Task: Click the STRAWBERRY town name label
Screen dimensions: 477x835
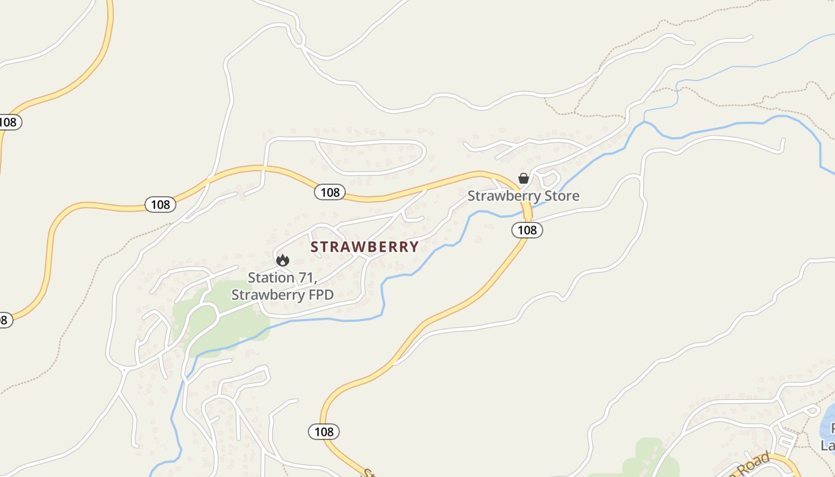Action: [364, 247]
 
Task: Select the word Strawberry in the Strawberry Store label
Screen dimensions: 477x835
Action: [497, 196]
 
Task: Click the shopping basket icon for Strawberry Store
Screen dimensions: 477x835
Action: [524, 178]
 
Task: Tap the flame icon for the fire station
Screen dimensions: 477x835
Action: [283, 260]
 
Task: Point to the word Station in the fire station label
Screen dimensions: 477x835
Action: [271, 278]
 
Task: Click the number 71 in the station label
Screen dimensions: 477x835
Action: [305, 278]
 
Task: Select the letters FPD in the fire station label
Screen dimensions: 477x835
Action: [320, 295]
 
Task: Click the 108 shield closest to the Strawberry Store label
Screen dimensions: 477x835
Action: [527, 230]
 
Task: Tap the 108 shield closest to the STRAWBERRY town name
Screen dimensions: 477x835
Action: [330, 192]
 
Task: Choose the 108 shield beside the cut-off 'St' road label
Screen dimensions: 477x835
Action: [324, 431]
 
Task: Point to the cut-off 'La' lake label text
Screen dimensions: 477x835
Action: [828, 445]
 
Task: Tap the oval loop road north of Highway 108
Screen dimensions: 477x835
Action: [370, 156]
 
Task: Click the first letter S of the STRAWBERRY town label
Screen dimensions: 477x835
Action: [315, 247]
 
